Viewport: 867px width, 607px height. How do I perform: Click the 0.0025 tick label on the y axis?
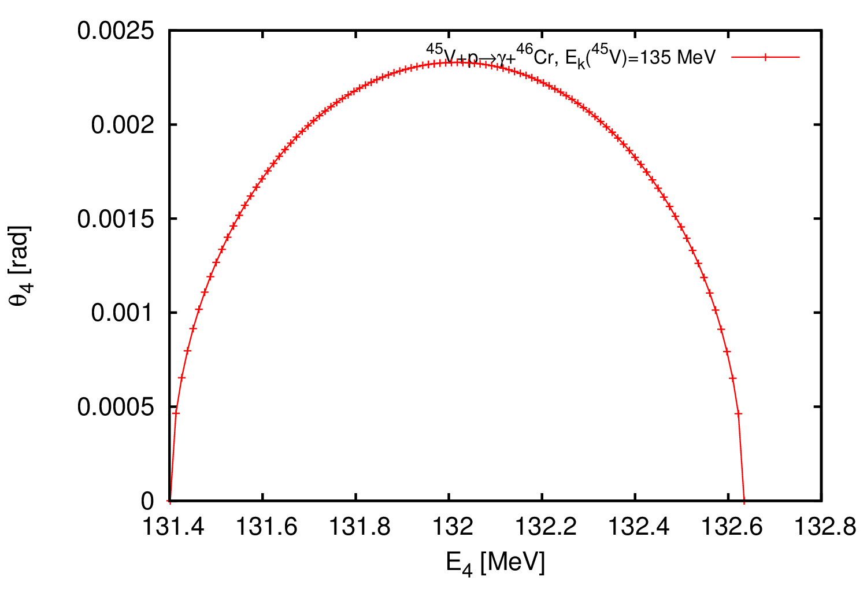(116, 30)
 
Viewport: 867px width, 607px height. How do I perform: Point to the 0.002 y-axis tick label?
(123, 124)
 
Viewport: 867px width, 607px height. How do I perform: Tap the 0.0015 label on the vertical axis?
(116, 219)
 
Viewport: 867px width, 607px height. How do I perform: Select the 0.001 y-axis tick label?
(123, 313)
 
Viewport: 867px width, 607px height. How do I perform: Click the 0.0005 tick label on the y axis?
(116, 407)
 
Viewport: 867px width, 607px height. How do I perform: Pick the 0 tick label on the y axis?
(147, 501)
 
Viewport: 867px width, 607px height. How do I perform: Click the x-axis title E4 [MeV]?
(495, 562)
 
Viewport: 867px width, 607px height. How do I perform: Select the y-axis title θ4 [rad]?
(22, 265)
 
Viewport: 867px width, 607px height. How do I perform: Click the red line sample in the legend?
(765, 57)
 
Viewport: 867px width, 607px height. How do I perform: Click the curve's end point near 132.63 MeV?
(744, 500)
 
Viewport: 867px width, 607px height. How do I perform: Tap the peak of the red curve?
(457, 62)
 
